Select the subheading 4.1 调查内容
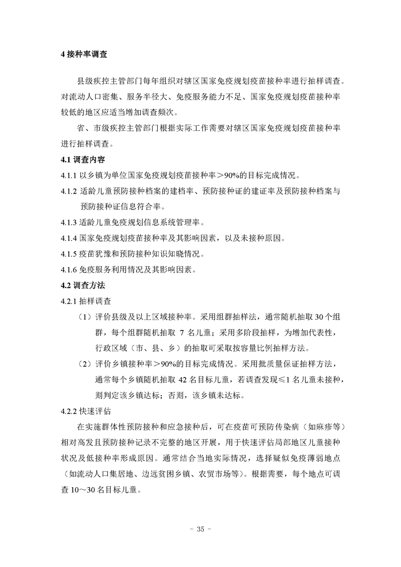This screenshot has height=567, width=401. click(82, 160)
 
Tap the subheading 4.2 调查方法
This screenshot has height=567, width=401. click(82, 285)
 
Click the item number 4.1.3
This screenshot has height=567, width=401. click(68, 222)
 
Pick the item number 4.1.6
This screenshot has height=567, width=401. click(68, 269)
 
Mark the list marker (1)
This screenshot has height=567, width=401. click(83, 317)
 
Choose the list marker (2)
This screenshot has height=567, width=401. click(83, 364)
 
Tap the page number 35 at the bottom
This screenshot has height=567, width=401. click(200, 530)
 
